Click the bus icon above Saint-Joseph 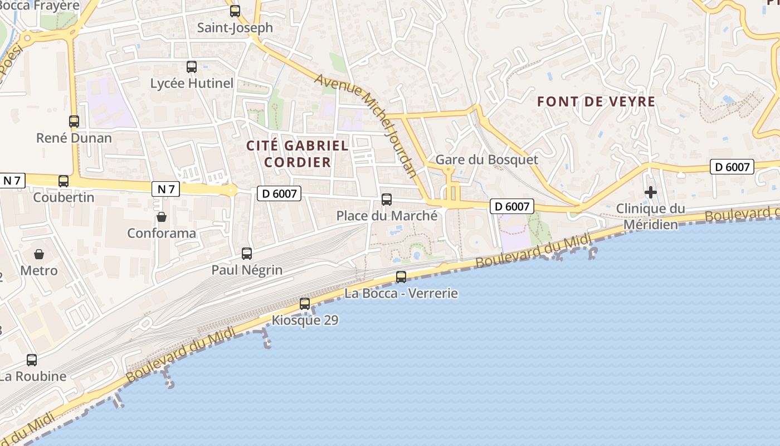pos(235,11)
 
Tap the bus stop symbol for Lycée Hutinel pos(192,67)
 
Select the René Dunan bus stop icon pos(74,121)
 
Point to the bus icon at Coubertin pos(64,181)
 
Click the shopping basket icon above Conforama pos(162,216)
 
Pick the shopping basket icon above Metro pos(39,254)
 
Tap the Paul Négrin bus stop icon pos(247,254)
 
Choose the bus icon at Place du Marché pos(387,199)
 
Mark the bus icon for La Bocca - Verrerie pos(401,277)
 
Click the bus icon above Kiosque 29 pos(305,304)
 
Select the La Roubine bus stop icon pos(32,360)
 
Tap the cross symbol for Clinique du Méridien pos(650,192)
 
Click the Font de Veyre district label pos(596,102)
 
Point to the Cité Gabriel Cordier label pos(298,154)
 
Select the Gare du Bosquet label pos(486,160)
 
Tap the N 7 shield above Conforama pos(166,189)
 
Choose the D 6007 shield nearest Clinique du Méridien pos(732,166)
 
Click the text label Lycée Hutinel pos(192,84)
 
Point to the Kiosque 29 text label pos(305,321)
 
